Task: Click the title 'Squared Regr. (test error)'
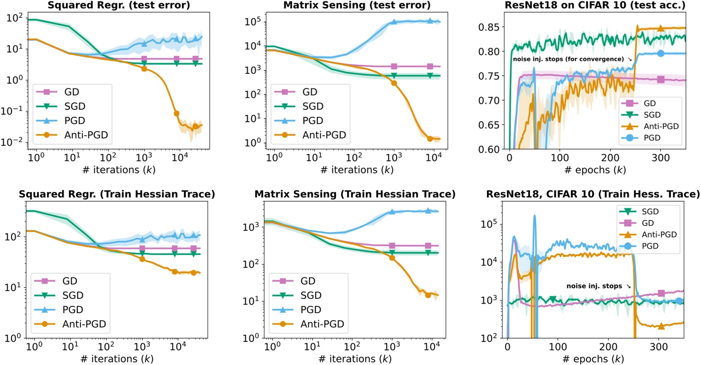click(x=119, y=5)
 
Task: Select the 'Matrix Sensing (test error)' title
click(x=357, y=5)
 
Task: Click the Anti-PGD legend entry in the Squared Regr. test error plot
click(x=86, y=135)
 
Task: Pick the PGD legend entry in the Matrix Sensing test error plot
click(x=312, y=120)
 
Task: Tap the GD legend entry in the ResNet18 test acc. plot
click(x=649, y=103)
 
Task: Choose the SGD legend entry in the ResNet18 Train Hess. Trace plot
click(x=650, y=212)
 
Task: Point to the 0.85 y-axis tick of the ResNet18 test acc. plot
click(x=489, y=27)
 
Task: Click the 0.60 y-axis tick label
click(x=489, y=149)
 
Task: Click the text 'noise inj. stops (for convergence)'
click(x=568, y=59)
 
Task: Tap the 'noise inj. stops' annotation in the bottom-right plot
click(x=594, y=286)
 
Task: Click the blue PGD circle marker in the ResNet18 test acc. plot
click(x=661, y=53)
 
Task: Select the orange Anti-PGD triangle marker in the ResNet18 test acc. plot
click(x=661, y=28)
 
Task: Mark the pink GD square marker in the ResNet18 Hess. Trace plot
click(x=661, y=293)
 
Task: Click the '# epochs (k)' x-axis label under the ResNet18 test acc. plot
click(x=595, y=170)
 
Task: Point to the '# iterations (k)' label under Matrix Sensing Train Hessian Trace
click(x=355, y=359)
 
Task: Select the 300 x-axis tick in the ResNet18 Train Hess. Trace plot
click(x=659, y=347)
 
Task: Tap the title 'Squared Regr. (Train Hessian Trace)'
click(x=117, y=194)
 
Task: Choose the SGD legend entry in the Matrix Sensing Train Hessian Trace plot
click(x=311, y=295)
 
